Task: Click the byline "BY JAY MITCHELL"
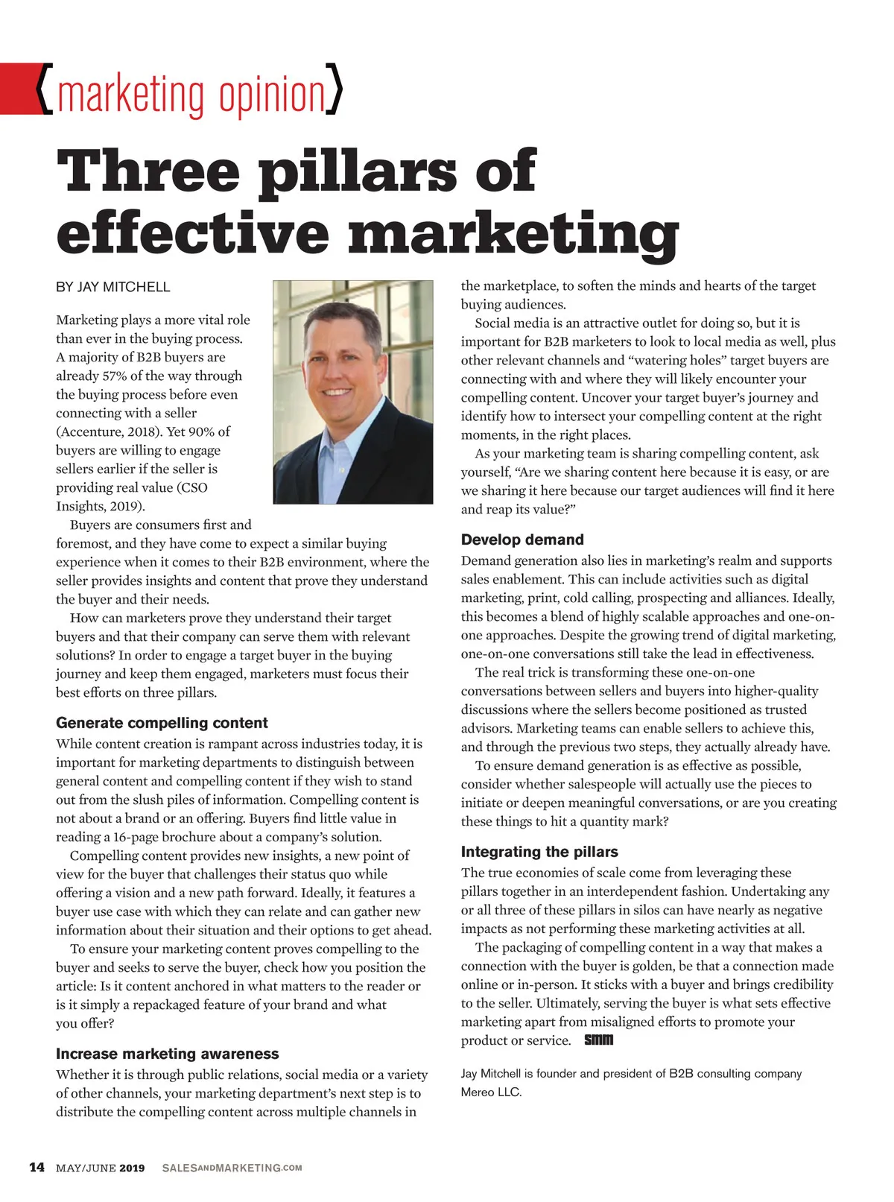pos(112,287)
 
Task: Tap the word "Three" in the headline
pos(148,171)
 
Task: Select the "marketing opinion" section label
pos(191,95)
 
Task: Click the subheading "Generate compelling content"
pos(162,723)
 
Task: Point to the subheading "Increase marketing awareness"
pos(167,1054)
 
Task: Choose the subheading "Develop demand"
pos(522,540)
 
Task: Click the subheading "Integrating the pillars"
pos(539,852)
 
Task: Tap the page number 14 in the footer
pos(37,1167)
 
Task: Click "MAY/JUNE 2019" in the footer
pos(100,1168)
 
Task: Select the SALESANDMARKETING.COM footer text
pos(232,1168)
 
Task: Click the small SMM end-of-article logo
pos(598,1040)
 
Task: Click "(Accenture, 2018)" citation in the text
pos(107,431)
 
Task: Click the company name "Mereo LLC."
pos(491,1092)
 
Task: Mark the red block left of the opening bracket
pos(18,89)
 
